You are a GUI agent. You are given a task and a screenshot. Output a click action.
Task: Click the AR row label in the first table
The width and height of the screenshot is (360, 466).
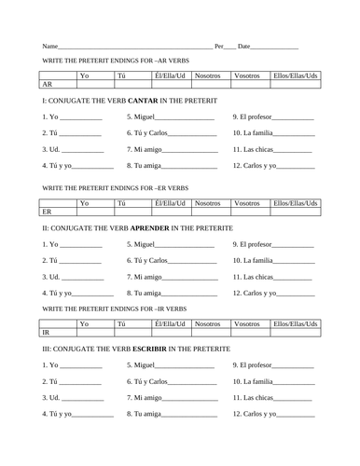[x=47, y=84]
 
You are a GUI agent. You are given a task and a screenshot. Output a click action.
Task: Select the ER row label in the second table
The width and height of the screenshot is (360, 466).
[x=47, y=212]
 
